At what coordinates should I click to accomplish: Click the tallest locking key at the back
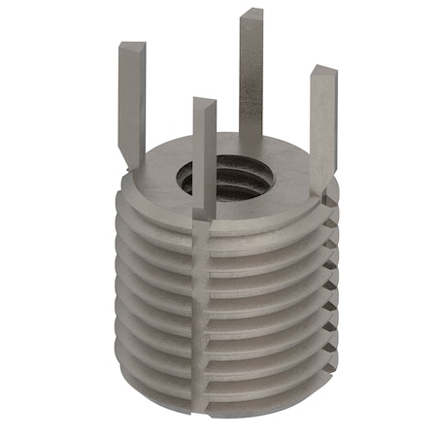pyautogui.click(x=252, y=78)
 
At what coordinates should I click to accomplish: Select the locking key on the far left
pyautogui.click(x=132, y=97)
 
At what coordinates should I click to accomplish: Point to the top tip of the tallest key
pyautogui.click(x=252, y=13)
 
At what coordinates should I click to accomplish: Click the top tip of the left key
pyautogui.click(x=131, y=45)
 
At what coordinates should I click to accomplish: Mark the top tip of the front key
pyautogui.click(x=204, y=101)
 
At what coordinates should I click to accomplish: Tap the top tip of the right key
pyautogui.click(x=323, y=70)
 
